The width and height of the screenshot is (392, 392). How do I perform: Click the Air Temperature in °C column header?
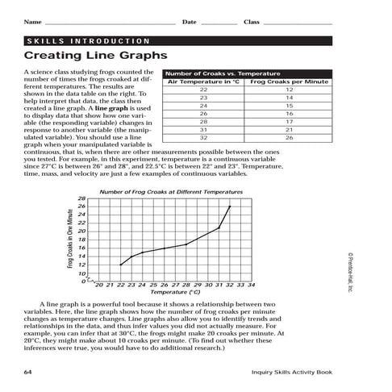pyautogui.click(x=202, y=81)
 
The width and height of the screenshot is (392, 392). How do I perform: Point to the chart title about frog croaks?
pyautogui.click(x=170, y=191)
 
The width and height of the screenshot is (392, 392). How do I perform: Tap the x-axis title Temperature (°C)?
pyautogui.click(x=176, y=293)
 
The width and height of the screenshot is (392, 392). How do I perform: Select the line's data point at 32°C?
pyautogui.click(x=230, y=206)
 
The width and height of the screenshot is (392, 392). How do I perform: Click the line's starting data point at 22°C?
pyautogui.click(x=120, y=265)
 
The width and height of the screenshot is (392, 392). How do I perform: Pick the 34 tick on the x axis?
pyautogui.click(x=252, y=285)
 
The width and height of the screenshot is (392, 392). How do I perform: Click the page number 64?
pyautogui.click(x=28, y=372)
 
